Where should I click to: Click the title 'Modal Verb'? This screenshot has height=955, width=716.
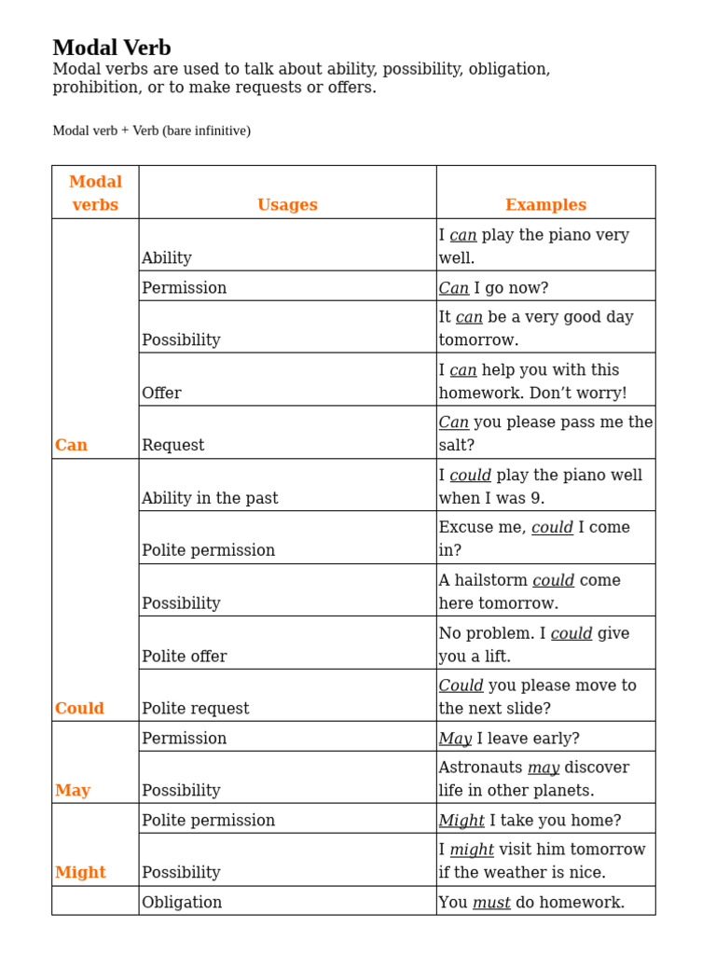112,48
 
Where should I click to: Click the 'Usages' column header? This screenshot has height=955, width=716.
287,205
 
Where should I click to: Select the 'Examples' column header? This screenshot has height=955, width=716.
545,205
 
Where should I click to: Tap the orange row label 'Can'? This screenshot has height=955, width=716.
71,446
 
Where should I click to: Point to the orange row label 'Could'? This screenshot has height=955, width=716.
79,709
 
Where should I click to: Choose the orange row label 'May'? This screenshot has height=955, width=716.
73,791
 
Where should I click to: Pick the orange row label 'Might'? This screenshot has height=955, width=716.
80,873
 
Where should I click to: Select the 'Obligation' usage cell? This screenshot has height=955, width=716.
182,903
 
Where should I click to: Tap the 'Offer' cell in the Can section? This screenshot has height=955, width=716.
161,394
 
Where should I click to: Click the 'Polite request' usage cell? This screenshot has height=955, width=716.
196,709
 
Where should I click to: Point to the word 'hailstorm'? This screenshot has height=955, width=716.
490,580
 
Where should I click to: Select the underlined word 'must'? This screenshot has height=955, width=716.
491,903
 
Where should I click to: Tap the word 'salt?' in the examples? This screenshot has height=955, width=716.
457,446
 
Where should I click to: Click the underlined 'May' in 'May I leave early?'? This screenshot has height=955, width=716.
455,739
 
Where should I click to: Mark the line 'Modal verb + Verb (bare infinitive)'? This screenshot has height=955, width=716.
151,131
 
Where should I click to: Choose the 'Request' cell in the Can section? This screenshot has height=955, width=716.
168,446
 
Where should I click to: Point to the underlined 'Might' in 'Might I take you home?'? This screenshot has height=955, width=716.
461,821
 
